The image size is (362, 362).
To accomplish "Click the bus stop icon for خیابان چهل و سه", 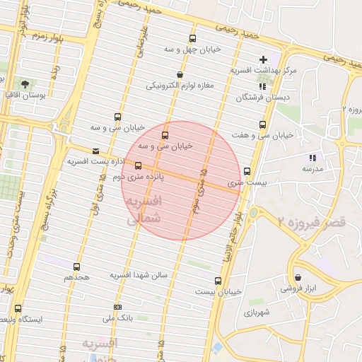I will (193, 39).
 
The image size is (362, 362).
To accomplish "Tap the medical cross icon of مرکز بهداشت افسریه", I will (264, 59).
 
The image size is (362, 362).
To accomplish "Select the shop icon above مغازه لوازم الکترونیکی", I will (181, 74).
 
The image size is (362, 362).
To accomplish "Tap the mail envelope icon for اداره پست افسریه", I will (96, 151).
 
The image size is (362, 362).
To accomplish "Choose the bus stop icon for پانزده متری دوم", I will (138, 165).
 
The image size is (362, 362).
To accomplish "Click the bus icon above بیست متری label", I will (247, 171).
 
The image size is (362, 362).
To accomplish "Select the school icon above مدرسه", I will (312, 158).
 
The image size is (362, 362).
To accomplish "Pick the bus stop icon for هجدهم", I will (76, 267).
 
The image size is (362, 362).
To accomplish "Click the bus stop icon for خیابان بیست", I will (198, 280).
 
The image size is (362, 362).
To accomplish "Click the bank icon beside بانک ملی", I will (117, 307).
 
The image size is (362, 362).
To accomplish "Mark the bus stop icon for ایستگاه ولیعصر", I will (18, 308).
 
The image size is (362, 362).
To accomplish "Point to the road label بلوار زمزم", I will (48, 37).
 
